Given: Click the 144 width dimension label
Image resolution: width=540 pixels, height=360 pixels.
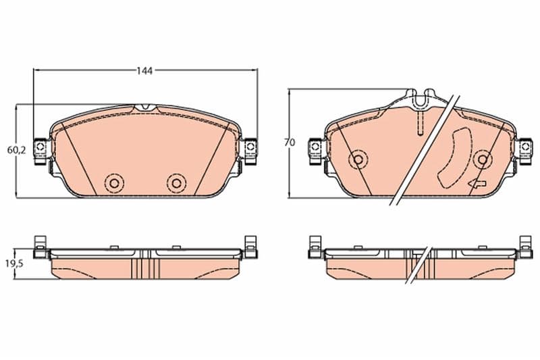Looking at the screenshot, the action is point(144,71).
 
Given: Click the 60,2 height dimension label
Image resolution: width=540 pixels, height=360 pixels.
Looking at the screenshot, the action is point(16,150).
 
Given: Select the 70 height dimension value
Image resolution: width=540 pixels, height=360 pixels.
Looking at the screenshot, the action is point(290,143).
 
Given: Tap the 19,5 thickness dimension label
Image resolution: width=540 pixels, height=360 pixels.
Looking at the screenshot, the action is point(14,264).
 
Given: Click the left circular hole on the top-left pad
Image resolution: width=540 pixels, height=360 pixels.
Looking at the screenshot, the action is point(114,183).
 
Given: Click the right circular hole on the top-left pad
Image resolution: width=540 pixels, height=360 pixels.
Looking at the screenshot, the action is point(176,183).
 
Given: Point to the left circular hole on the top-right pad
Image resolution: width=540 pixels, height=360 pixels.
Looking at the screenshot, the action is point(358,159).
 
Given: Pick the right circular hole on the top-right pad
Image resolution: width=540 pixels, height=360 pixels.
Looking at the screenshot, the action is point(483,159).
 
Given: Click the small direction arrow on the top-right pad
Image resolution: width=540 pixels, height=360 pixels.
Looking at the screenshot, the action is point(477,184).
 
